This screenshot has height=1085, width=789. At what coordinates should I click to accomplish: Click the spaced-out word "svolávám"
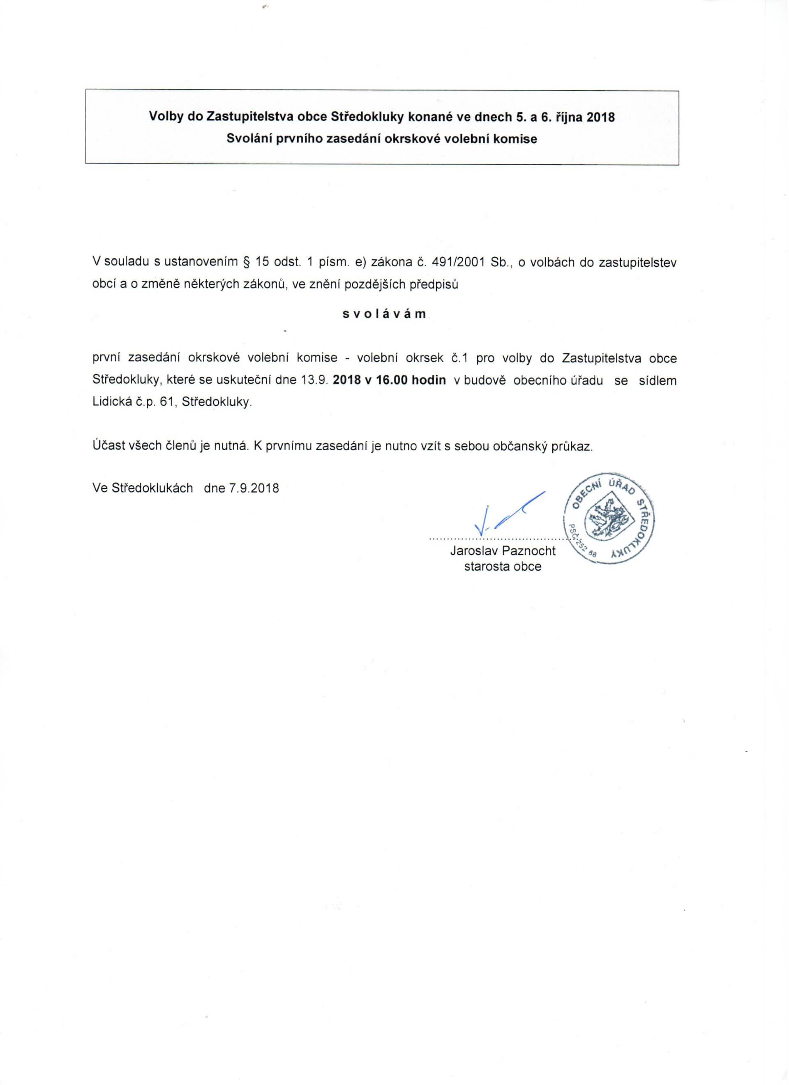tap(384, 315)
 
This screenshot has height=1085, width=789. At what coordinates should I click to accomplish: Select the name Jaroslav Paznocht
tap(503, 551)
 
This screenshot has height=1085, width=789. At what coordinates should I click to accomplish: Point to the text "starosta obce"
tap(503, 567)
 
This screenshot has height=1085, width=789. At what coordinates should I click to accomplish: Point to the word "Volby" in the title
tap(166, 117)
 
